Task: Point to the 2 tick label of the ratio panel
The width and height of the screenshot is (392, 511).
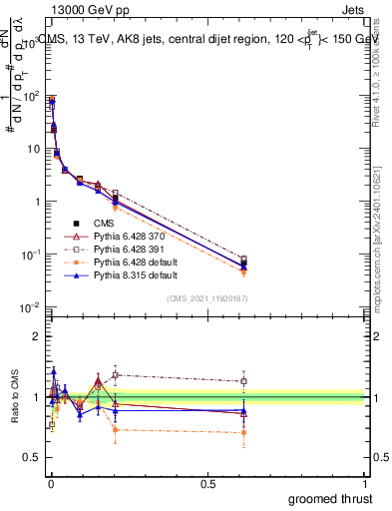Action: [36, 336]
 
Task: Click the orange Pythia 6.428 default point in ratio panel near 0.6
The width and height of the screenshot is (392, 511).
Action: [243, 432]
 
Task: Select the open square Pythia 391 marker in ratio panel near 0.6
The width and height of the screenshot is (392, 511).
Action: [243, 381]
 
